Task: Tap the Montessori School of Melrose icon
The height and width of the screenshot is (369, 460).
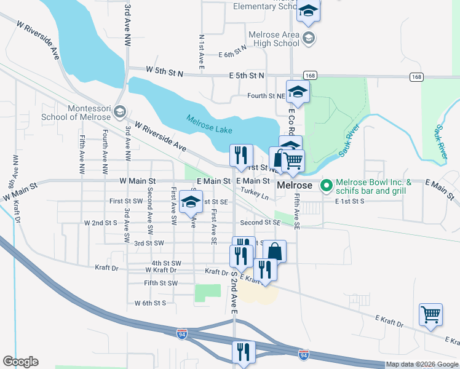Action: pos(119,112)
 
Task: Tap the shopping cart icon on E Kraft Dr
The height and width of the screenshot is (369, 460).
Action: pos(431,314)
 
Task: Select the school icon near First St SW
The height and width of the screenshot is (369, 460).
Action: pos(191,201)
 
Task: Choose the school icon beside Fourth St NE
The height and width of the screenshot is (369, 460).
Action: pos(298,92)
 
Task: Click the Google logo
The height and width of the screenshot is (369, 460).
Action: pos(20,362)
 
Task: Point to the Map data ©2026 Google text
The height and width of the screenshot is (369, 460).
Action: pos(422,364)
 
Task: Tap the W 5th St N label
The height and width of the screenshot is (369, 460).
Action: pos(164,72)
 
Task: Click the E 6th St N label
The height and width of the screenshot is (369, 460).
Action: pos(232,54)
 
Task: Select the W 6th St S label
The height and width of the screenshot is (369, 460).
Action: pos(151,303)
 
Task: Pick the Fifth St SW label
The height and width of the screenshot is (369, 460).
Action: pos(160,283)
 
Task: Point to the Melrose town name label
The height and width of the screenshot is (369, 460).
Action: pos(296,185)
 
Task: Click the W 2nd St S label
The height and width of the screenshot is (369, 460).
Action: pos(101,223)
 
